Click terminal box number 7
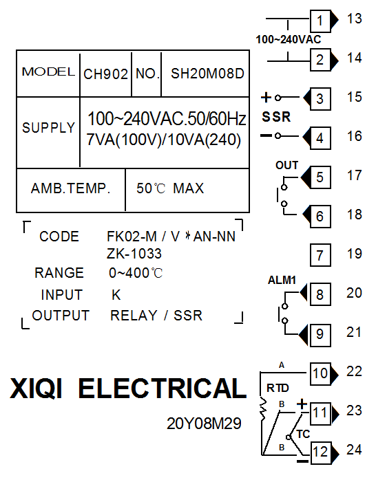(x=320, y=255)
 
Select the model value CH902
(x=105, y=74)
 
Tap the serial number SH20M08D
(x=207, y=74)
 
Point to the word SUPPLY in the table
(x=49, y=128)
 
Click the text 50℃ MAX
(x=170, y=188)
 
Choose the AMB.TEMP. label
(x=70, y=188)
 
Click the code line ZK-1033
(x=134, y=254)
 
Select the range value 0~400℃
(x=136, y=273)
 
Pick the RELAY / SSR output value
(x=156, y=316)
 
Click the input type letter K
(x=116, y=295)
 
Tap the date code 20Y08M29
(x=204, y=424)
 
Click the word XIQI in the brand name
(x=36, y=389)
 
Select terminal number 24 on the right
(x=354, y=450)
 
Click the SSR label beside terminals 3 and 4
(x=276, y=117)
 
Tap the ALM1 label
(x=282, y=280)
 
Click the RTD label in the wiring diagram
(x=278, y=388)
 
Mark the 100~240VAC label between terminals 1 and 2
(x=289, y=39)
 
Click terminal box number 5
(x=320, y=177)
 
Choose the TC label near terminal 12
(x=303, y=434)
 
